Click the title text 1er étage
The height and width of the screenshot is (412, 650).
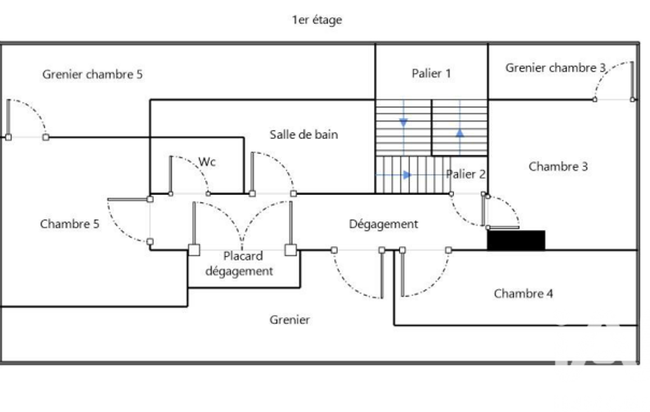coord(316,20)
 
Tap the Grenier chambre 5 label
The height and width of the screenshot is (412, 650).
coord(93,74)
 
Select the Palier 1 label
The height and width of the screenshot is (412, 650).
coord(431,74)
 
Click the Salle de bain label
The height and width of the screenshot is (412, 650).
coord(304,134)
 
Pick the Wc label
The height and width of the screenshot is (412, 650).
coord(207,162)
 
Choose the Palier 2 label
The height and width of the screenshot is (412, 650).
coord(466,174)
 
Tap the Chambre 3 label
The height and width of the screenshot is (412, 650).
coord(558,167)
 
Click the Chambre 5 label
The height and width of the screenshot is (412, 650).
coord(70,224)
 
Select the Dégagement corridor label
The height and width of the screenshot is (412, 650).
coord(384,224)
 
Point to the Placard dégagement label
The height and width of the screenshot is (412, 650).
coord(243,264)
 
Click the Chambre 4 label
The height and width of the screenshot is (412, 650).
coord(523,293)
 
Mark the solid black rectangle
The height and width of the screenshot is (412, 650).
coord(516,240)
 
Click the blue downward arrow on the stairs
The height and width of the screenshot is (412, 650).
coord(403,122)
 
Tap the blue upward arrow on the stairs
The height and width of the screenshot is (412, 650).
coord(460,133)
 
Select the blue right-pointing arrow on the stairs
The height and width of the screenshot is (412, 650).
coord(408,174)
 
